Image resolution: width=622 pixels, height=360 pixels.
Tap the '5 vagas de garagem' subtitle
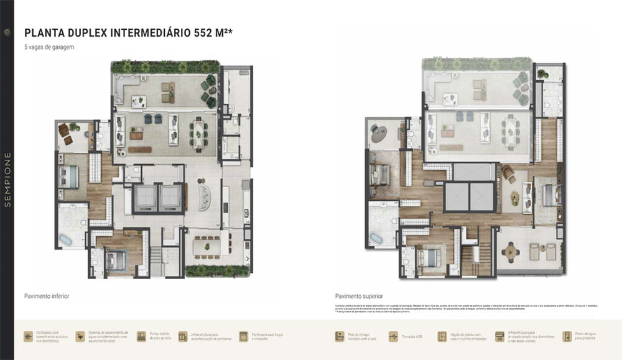49,47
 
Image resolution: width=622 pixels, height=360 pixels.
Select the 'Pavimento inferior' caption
47,297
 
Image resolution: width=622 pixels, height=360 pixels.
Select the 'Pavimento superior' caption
359,297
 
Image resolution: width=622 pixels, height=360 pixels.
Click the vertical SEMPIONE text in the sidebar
7,180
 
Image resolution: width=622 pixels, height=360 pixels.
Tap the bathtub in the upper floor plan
376,238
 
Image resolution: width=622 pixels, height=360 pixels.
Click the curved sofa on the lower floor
204,197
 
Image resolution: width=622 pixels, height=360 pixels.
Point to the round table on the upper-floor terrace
511,252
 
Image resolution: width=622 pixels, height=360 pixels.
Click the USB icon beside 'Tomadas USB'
394,336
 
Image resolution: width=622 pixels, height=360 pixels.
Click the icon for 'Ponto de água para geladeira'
567,336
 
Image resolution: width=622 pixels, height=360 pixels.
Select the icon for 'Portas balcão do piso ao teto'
142,336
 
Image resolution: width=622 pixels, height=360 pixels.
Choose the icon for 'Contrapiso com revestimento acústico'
29,336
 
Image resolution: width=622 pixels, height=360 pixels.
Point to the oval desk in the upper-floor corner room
378,132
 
